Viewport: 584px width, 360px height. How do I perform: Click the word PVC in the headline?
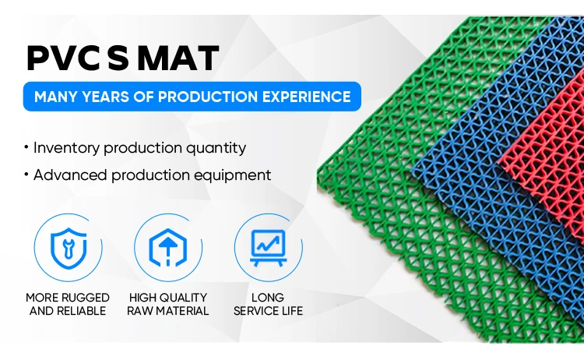click(x=63, y=58)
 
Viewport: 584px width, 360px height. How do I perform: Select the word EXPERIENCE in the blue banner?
click(x=307, y=97)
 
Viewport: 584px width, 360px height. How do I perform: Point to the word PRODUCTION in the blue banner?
click(x=208, y=97)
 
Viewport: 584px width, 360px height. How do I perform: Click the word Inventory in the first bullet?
click(x=67, y=148)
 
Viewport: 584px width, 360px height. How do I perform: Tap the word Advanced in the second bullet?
click(x=70, y=175)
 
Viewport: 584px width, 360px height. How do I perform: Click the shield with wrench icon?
click(x=69, y=248)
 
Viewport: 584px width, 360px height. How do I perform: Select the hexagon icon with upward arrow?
click(x=168, y=248)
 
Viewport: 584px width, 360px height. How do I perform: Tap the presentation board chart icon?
click(x=268, y=248)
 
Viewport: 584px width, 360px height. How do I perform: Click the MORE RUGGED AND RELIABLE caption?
click(x=68, y=304)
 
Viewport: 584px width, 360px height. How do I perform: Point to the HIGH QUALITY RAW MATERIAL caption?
click(x=168, y=304)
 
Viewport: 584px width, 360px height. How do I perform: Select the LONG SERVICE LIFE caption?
click(x=268, y=304)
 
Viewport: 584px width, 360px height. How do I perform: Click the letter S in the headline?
click(x=118, y=58)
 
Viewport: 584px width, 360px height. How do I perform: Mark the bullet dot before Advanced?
click(x=26, y=174)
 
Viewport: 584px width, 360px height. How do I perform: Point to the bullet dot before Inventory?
click(x=26, y=147)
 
